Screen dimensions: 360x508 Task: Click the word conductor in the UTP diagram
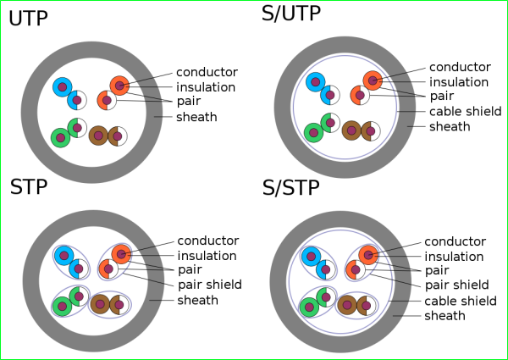pos(207,72)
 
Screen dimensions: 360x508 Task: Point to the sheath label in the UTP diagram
pos(196,117)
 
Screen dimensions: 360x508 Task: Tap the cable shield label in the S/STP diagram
pos(460,300)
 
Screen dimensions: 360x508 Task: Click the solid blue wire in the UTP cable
pos(62,86)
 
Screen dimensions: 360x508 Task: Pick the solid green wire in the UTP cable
pos(59,137)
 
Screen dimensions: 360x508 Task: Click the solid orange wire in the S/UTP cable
pos(373,80)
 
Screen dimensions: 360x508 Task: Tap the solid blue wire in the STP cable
pos(63,255)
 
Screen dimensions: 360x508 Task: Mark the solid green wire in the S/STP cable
pos(309,306)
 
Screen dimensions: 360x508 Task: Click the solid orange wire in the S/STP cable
pos(367,254)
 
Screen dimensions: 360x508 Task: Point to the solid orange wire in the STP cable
pos(121,254)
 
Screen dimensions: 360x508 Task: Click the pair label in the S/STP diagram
pos(436,270)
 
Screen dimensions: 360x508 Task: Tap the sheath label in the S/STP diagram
pos(444,316)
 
